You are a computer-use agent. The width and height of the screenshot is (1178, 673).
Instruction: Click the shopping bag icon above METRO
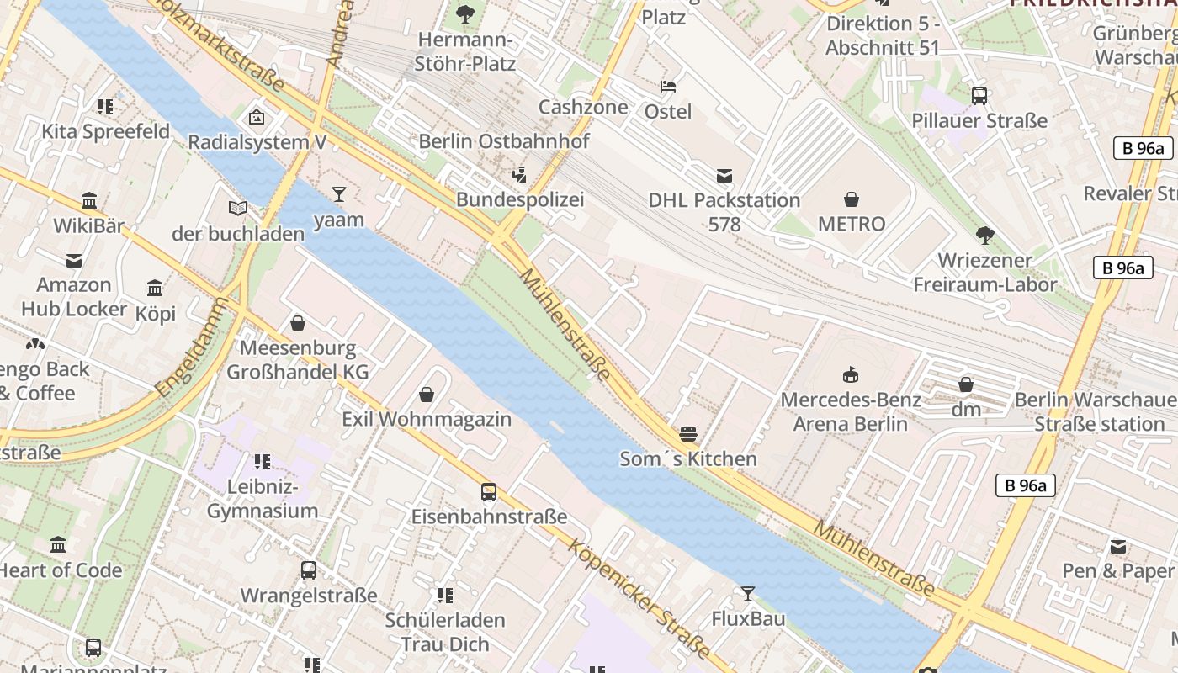[852, 199]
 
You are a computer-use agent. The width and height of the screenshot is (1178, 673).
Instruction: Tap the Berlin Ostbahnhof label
[504, 141]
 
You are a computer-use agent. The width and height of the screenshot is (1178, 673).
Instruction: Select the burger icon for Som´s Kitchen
[688, 434]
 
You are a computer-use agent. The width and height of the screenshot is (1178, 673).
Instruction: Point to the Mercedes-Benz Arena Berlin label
[851, 411]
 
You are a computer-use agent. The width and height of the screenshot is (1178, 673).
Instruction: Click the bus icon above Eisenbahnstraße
[489, 492]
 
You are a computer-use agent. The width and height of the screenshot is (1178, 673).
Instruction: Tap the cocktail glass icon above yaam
[339, 195]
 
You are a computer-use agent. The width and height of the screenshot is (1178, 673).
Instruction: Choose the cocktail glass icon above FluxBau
[747, 595]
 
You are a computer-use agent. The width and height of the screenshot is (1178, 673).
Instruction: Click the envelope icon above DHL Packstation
[724, 176]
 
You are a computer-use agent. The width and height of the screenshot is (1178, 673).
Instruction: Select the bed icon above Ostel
[668, 87]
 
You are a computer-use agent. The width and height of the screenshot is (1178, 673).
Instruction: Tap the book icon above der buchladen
[238, 208]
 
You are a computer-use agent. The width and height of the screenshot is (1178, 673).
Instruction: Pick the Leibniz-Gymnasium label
[263, 499]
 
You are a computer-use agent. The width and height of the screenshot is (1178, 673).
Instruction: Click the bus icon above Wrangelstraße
[309, 570]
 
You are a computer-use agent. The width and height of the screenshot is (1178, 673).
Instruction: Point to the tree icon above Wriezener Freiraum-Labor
[984, 236]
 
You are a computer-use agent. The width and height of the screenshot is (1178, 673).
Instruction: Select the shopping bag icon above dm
[966, 385]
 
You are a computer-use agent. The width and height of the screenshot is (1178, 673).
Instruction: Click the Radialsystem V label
[257, 142]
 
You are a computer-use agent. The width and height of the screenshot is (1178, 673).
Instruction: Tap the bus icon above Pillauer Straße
[979, 96]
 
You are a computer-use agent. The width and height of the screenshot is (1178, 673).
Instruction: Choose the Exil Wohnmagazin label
[427, 419]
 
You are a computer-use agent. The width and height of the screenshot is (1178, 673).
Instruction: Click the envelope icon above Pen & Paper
[1118, 547]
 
